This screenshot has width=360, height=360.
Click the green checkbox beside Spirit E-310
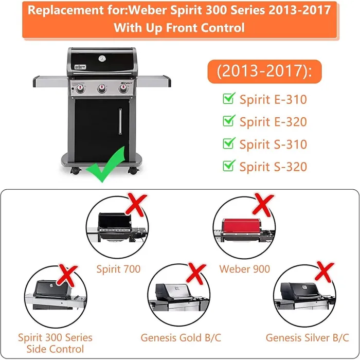[x=228, y=98]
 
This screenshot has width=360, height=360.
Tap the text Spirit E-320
[x=273, y=122]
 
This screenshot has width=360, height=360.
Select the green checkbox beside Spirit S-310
[x=228, y=143]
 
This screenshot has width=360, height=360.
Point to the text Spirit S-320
[x=273, y=167]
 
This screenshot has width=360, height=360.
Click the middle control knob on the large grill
[x=101, y=88]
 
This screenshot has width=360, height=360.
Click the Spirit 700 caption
[x=118, y=268]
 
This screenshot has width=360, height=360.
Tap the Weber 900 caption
[x=244, y=268]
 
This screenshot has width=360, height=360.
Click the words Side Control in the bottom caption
[x=55, y=349]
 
